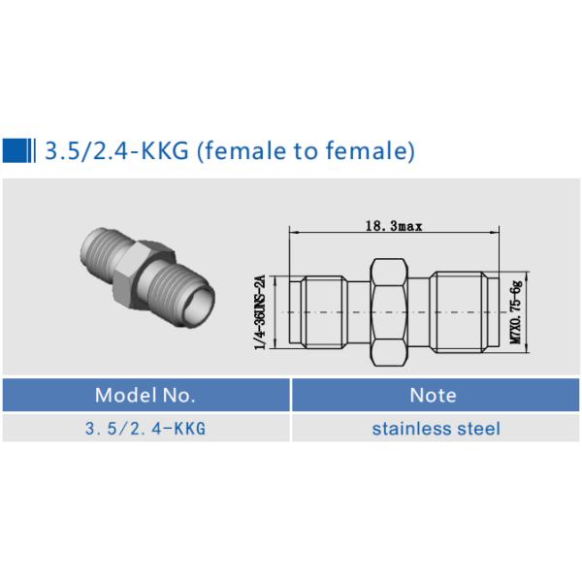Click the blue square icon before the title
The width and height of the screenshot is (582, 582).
[x=17, y=150]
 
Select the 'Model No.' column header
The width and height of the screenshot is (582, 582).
[x=145, y=395]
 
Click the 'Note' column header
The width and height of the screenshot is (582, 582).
[x=434, y=395]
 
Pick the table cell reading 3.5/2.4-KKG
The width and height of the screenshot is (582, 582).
[x=145, y=428]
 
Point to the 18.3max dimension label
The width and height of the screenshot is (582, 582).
[x=393, y=226]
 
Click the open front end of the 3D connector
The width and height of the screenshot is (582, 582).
[x=198, y=307]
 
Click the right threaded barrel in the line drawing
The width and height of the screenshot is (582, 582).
[x=462, y=312]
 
